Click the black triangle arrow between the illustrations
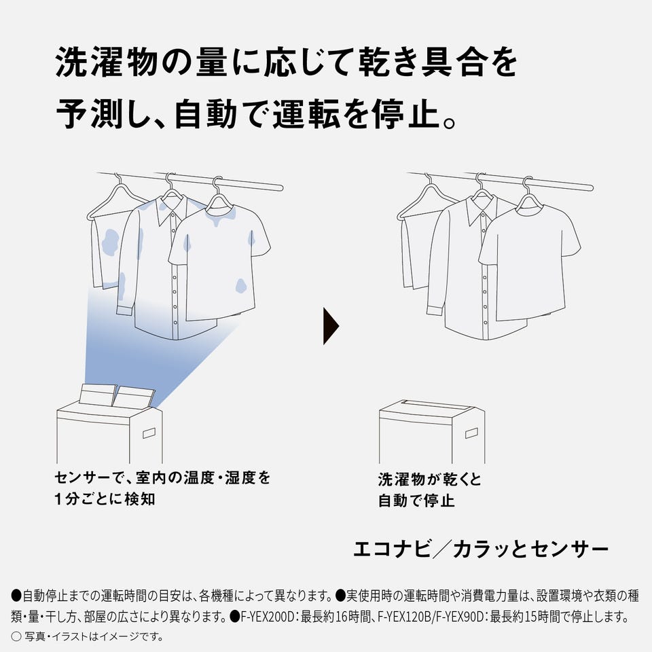(331, 326)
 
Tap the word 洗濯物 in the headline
(106, 62)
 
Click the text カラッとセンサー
(530, 549)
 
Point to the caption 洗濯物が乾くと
(429, 479)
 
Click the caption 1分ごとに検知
(105, 499)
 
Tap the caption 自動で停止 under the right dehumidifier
(416, 501)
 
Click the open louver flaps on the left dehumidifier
(117, 395)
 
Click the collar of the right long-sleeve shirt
(482, 211)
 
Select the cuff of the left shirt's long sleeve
(125, 310)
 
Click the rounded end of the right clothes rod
(590, 187)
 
